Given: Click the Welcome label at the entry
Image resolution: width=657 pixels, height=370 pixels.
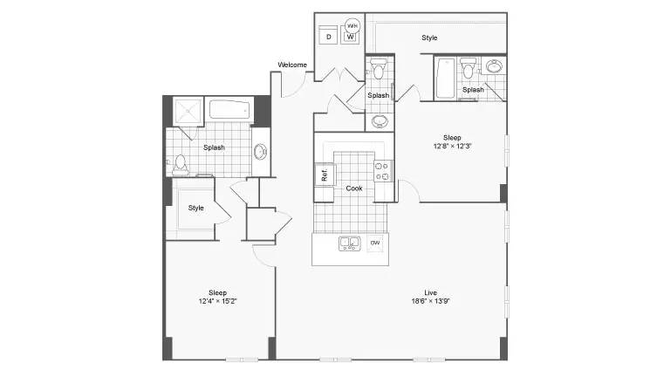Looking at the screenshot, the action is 292,65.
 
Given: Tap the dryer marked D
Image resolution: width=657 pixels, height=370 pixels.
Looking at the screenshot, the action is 328,37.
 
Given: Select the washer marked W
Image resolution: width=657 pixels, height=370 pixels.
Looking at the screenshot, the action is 350,37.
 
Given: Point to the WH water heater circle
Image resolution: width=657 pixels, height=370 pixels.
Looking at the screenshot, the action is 352,25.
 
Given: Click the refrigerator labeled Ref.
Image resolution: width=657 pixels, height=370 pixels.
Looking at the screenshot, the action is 324,175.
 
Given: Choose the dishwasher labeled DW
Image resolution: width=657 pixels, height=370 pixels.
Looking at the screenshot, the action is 375,243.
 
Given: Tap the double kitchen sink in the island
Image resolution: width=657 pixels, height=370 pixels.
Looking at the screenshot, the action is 350,243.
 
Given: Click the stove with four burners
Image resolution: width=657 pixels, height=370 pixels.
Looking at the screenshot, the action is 382,171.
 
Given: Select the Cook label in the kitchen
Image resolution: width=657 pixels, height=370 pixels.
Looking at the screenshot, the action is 354,188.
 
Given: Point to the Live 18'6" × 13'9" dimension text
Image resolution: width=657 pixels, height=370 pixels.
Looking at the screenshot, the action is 430,297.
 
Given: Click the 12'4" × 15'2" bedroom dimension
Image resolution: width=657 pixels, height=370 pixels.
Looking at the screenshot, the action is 217,300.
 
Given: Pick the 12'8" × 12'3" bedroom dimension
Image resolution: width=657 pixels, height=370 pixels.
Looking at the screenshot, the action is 452,146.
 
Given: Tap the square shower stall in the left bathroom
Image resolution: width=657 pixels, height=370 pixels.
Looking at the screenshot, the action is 188,112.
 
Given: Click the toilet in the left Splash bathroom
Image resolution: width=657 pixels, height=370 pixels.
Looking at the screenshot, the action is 180,165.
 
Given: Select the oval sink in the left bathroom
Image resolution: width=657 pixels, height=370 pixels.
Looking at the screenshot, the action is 260,151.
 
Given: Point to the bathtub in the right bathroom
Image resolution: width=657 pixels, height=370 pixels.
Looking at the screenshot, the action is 445,79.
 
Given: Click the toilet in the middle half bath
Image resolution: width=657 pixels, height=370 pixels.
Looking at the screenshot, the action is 379,69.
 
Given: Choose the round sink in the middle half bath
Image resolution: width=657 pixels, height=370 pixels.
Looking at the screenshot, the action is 380,121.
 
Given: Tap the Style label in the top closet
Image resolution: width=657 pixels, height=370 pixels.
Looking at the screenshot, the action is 429,38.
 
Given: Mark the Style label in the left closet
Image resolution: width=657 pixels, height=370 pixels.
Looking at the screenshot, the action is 195,208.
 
